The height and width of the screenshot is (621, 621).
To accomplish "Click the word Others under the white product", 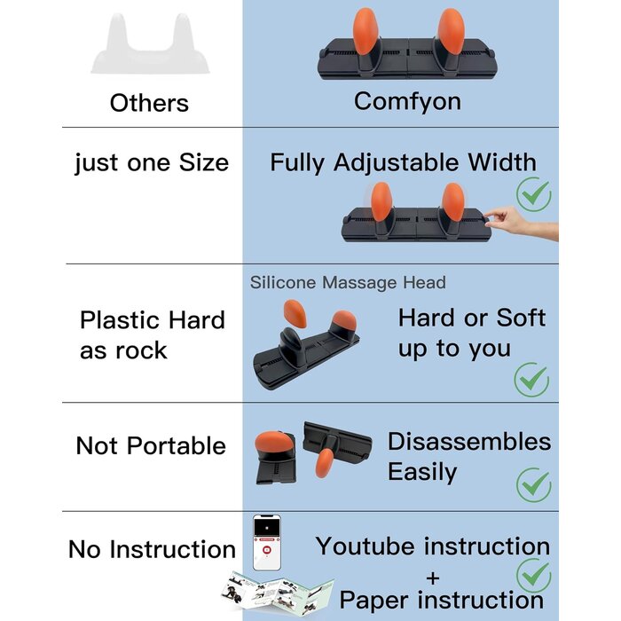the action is [149, 103].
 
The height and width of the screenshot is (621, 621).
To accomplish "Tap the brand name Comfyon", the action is [407, 102].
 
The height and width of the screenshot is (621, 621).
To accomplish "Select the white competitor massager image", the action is [150, 43].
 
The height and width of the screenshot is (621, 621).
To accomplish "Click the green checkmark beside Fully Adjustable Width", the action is [533, 194].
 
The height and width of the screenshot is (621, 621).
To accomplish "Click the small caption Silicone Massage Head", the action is [348, 283].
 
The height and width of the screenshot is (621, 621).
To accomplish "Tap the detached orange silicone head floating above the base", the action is [295, 313].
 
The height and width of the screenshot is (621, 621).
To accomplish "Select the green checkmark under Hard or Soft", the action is [531, 380].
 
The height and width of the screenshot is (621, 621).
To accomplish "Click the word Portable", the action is [177, 446].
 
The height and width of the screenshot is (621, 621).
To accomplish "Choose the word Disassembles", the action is [469, 442].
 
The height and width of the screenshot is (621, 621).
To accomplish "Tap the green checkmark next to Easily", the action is [533, 484].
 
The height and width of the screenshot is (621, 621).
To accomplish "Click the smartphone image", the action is [266, 543].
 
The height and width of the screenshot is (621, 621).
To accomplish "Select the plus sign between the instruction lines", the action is [433, 578].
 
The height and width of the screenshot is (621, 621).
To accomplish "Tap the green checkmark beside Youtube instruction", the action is [533, 576].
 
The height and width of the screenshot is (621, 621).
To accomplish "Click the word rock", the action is [141, 351].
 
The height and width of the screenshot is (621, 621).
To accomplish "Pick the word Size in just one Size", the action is [203, 162].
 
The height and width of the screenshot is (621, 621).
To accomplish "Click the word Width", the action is [502, 162].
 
